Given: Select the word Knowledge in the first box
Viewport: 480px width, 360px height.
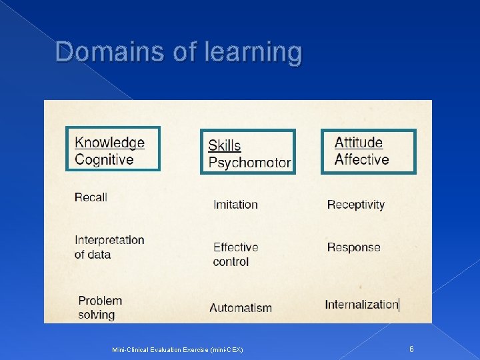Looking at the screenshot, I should [109, 143].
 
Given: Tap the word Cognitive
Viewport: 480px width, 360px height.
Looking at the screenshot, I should [104, 160].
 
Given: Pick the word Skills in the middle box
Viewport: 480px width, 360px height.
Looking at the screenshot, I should [225, 145].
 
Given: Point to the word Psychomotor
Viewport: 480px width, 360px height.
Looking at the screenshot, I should [249, 163].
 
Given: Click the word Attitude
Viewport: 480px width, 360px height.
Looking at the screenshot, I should [359, 143].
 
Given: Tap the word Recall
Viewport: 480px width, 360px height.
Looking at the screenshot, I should [91, 197].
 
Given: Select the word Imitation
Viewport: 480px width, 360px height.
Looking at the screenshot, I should [235, 205].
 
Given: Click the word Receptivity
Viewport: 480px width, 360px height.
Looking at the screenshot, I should [356, 205].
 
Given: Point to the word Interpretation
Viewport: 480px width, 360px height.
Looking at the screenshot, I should [109, 240].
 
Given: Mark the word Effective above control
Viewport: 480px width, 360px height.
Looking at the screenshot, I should [235, 247].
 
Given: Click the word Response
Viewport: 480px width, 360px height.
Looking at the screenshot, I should [353, 247].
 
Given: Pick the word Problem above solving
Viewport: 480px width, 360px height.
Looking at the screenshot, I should [100, 301].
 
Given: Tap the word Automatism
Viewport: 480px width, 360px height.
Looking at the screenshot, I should [241, 308].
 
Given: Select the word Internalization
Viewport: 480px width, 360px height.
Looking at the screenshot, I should [361, 305].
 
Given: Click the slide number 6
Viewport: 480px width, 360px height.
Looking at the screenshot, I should [411, 349].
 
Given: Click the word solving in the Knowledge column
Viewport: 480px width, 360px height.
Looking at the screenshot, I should [97, 315].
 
